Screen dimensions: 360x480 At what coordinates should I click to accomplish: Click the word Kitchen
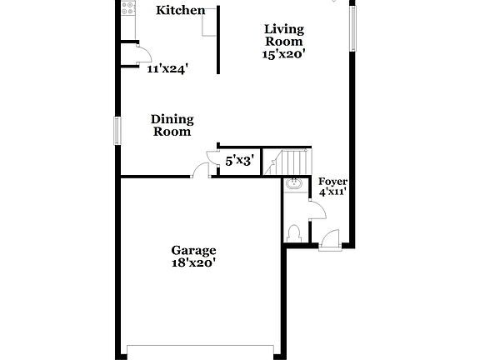point(181,10)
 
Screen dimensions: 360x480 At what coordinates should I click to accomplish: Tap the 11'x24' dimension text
point(167,69)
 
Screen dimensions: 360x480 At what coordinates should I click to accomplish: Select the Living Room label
point(283,34)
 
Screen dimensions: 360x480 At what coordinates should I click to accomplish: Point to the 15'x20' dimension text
point(283,53)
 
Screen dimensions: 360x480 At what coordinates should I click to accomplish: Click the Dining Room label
point(172,125)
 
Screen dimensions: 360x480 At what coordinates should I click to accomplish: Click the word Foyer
point(333,181)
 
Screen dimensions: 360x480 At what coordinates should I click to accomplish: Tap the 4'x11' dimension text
point(333,192)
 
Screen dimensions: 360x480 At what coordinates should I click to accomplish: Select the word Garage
point(194,250)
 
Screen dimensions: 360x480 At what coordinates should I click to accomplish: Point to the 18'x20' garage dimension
point(194,262)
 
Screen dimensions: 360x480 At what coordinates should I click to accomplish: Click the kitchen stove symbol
point(128,10)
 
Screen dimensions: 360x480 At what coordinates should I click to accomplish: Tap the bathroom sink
point(293,184)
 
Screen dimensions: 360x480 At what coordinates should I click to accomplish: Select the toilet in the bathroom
point(293,232)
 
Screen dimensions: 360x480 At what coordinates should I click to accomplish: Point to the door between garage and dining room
point(200,171)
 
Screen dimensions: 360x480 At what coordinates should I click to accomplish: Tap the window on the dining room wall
point(117,130)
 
